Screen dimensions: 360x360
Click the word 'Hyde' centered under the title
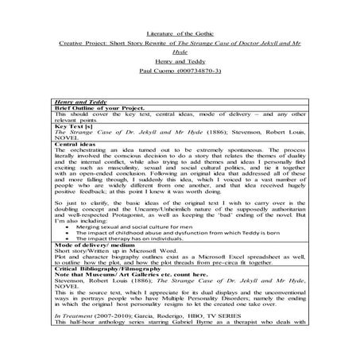[x=180, y=36]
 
